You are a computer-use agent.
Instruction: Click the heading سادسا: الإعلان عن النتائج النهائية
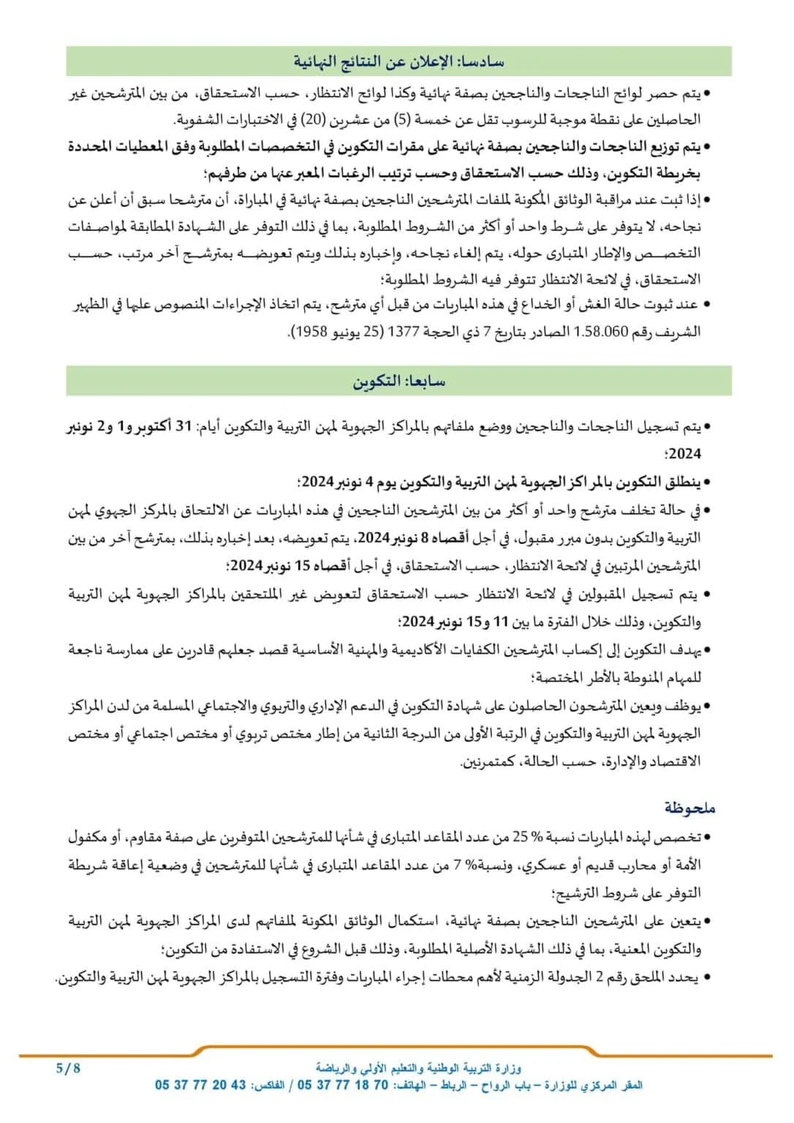[398, 61]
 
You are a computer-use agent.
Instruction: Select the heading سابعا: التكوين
[398, 381]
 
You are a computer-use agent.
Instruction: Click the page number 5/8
[68, 1067]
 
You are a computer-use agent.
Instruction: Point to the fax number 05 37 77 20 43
[200, 1085]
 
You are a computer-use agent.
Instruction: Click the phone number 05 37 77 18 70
[343, 1085]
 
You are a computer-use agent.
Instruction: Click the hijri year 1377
[404, 331]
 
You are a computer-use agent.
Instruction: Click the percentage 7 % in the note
[461, 865]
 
